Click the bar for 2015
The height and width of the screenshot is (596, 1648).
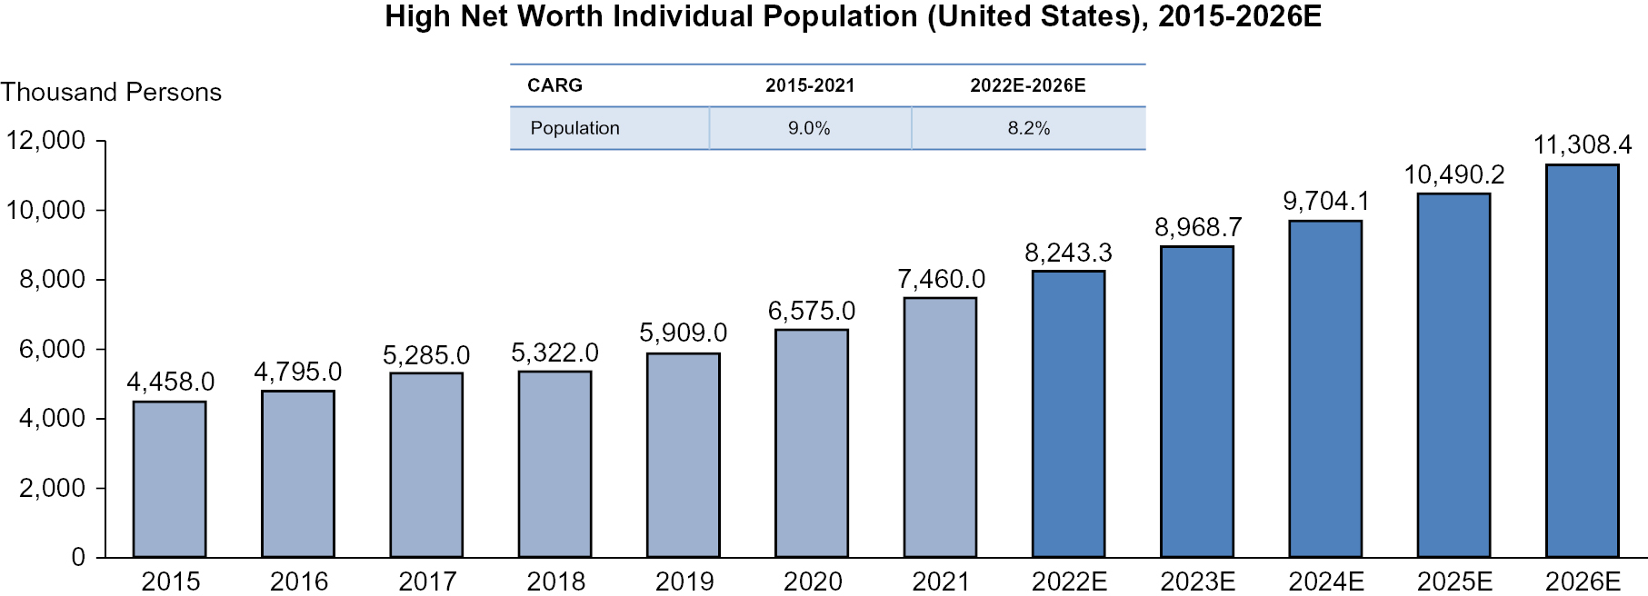point(169,479)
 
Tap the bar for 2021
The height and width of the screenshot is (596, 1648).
point(940,427)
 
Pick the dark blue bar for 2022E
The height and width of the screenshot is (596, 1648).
point(1068,413)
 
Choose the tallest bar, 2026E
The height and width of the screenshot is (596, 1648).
point(1582,361)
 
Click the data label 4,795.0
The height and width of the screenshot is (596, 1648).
point(297,372)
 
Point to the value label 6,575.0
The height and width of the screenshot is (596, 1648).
point(811,311)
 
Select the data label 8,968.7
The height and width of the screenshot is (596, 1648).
point(1197,227)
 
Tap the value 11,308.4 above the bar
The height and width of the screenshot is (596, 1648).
point(1582,144)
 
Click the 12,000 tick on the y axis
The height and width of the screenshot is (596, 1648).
point(45,140)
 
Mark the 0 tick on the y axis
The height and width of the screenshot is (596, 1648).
point(78,557)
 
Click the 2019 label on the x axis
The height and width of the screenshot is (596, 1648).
point(684,581)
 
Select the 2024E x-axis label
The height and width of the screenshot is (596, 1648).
point(1325,581)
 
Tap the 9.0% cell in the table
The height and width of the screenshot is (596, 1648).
point(809,128)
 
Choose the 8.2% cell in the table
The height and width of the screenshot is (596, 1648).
point(1028,128)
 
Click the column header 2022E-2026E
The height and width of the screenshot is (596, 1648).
point(1027,85)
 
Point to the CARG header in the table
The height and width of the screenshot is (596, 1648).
point(554,85)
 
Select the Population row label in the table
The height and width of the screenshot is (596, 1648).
point(574,128)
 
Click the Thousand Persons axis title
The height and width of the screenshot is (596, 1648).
point(111,92)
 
